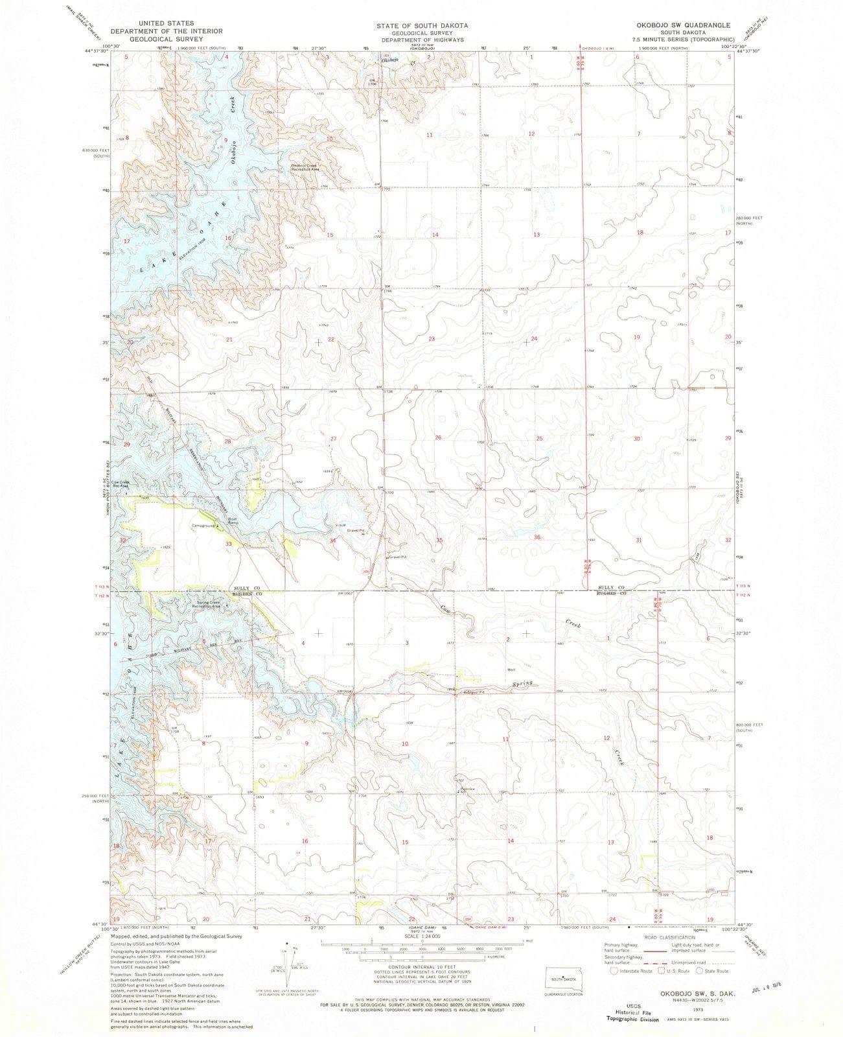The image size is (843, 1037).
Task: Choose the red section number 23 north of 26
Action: pos(432,339)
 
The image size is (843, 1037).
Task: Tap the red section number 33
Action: pos(228,544)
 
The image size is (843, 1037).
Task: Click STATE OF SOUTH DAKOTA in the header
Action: pos(422,25)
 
